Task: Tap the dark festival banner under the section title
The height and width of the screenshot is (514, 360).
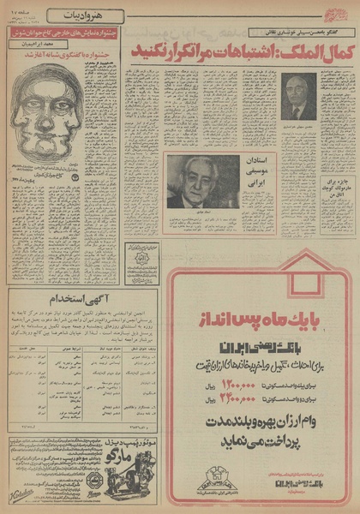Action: (64, 33)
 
